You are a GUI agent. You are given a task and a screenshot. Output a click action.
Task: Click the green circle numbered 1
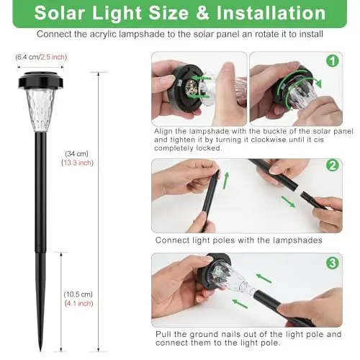pyautogui.click(x=333, y=61)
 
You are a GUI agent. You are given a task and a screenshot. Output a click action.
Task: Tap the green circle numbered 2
pyautogui.click(x=333, y=166)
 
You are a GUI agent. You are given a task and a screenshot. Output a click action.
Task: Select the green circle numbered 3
pyautogui.click(x=333, y=263)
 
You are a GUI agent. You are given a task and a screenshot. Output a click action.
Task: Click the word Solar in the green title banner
pyautogui.click(x=58, y=13)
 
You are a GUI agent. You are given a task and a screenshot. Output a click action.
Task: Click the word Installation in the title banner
pyautogui.click(x=271, y=13)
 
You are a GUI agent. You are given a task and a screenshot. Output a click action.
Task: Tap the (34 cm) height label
pyautogui.click(x=76, y=153)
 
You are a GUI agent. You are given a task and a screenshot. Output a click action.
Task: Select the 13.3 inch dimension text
pyautogui.click(x=77, y=163)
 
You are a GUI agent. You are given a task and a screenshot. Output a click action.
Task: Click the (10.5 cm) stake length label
pyautogui.click(x=78, y=294)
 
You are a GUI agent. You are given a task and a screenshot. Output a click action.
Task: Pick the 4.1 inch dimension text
pyautogui.click(x=79, y=304)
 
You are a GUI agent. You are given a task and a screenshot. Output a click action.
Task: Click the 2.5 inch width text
pyautogui.click(x=53, y=57)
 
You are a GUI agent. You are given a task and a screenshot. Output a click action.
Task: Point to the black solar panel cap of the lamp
pyautogui.click(x=41, y=80)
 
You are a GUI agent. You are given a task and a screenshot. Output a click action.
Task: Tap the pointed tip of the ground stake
pyautogui.click(x=40, y=351)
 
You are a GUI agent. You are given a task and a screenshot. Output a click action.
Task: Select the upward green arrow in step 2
pyautogui.click(x=225, y=181)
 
